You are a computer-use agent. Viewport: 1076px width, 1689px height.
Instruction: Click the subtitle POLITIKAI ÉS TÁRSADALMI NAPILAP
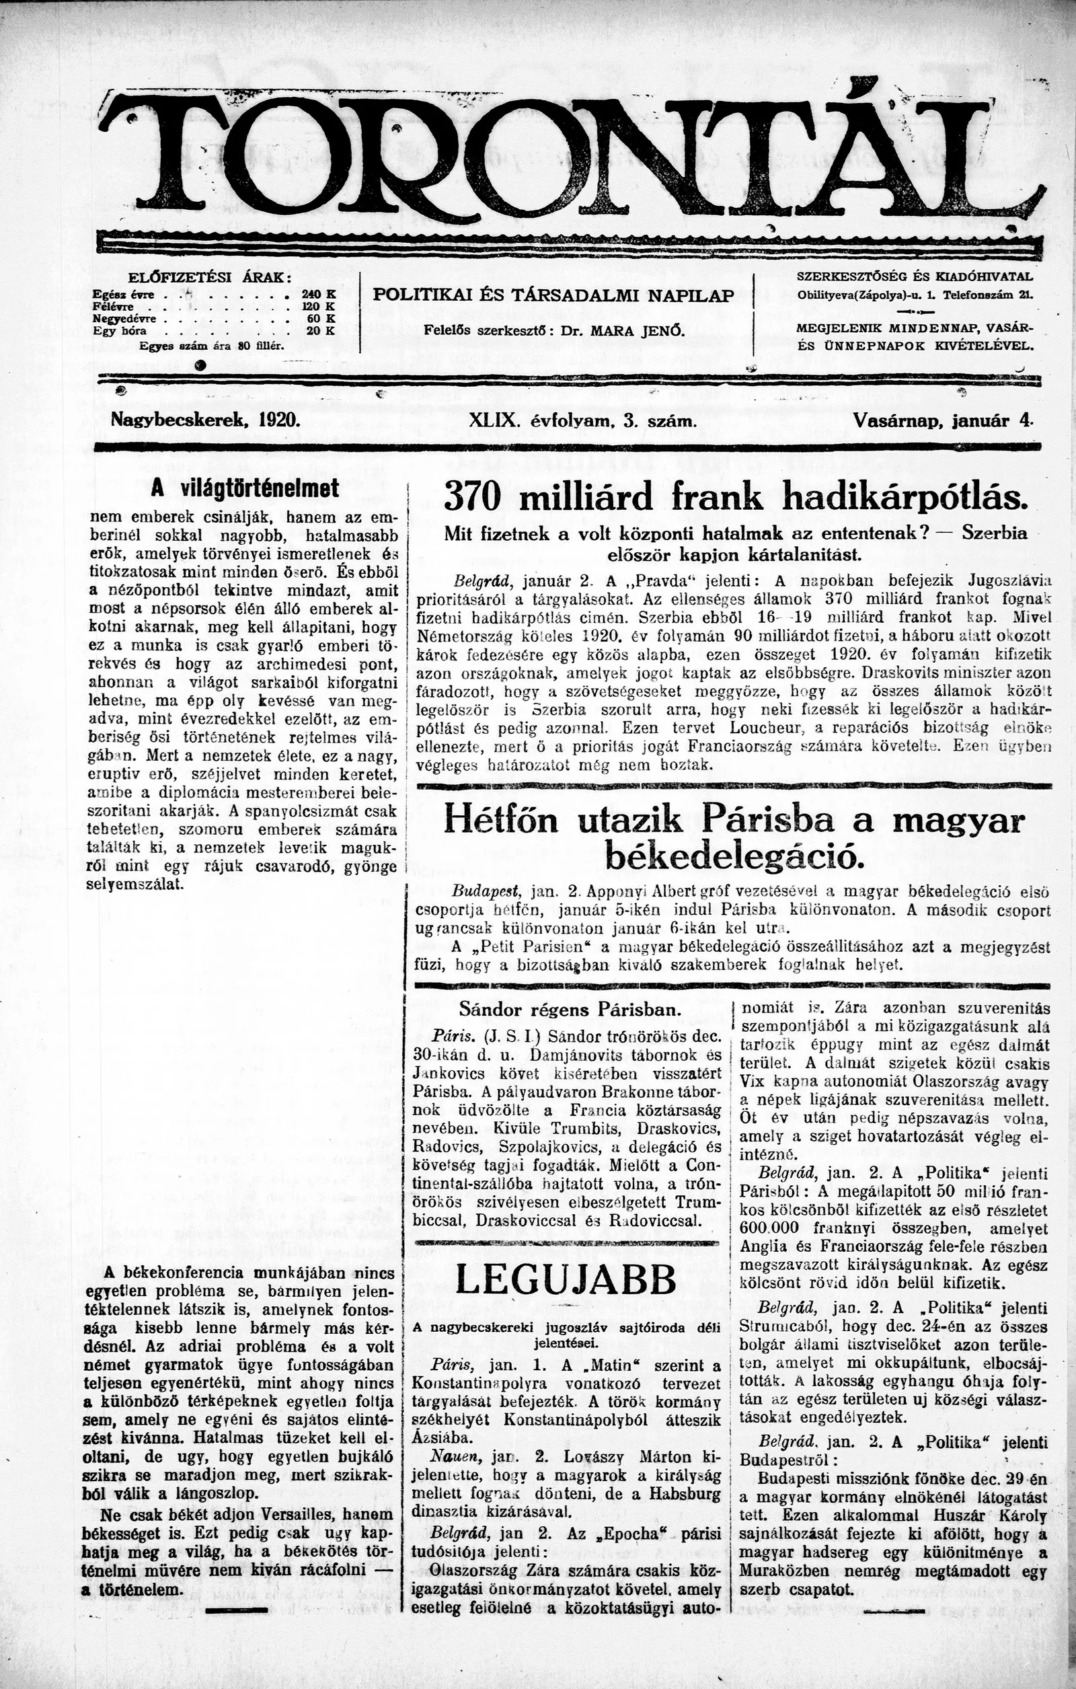point(554,295)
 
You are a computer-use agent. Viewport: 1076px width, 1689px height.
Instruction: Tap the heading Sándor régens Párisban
point(570,1010)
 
